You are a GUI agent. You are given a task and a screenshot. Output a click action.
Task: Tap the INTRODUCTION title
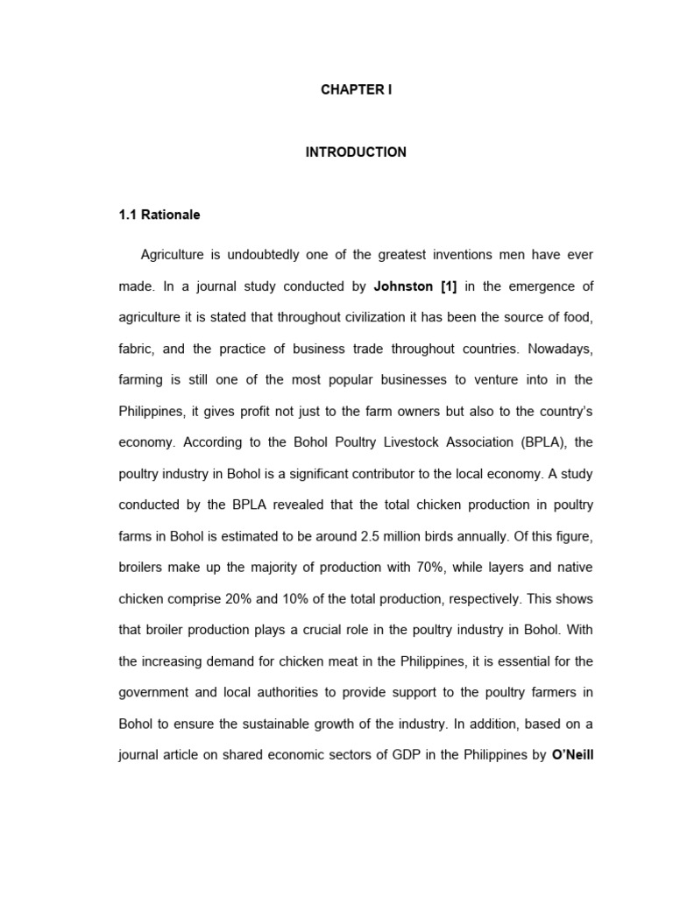pos(356,152)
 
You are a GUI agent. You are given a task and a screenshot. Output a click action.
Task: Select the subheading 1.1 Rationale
pos(159,215)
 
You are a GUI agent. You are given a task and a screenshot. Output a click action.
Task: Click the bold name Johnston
pos(404,286)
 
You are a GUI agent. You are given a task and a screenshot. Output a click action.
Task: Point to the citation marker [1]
pos(449,286)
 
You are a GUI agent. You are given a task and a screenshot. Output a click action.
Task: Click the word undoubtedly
pos(269,255)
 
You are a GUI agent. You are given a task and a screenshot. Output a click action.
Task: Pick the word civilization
pos(363,317)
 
